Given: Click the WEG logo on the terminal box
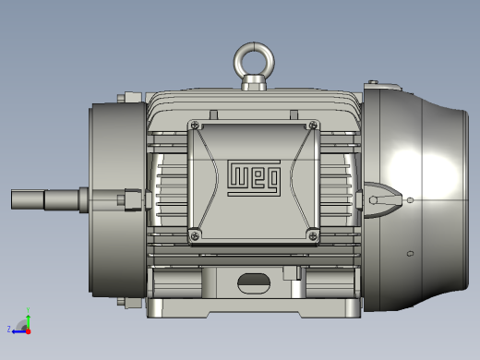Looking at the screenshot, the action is (x=254, y=178).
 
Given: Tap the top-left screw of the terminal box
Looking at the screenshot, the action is (x=195, y=126).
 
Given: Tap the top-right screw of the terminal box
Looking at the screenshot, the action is (x=313, y=125).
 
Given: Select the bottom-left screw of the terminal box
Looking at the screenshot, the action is (x=195, y=236).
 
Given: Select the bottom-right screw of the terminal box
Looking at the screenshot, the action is (x=313, y=236).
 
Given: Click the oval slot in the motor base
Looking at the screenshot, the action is (x=254, y=283).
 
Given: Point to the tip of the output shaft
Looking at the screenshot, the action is (x=12, y=199).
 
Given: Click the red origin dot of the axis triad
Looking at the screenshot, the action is (x=29, y=331).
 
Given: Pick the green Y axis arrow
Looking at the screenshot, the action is (x=29, y=322).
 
